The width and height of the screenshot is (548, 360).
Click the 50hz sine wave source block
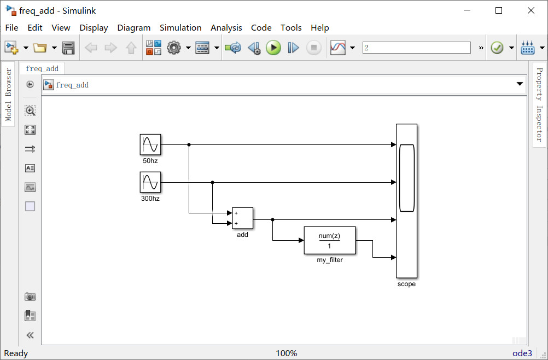click(x=150, y=145)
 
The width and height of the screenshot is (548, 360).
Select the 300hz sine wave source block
click(x=150, y=182)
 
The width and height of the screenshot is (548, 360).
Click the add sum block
click(x=242, y=218)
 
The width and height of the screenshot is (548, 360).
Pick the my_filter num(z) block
click(x=329, y=241)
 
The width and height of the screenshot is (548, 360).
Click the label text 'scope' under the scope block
click(x=406, y=284)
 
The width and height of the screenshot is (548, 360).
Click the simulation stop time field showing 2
click(x=416, y=48)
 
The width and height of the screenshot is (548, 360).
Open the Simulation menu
click(x=180, y=27)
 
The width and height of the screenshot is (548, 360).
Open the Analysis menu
click(x=226, y=27)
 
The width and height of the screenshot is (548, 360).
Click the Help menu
click(x=319, y=27)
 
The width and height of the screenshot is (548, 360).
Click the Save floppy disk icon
click(x=68, y=48)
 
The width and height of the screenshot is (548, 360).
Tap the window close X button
click(x=530, y=10)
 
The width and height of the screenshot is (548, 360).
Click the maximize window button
click(x=499, y=10)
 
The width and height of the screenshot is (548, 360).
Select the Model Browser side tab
click(x=8, y=94)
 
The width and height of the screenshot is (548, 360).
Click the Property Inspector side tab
click(x=539, y=104)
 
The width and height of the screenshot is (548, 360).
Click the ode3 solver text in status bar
click(x=522, y=353)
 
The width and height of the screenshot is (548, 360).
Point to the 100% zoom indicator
click(x=286, y=353)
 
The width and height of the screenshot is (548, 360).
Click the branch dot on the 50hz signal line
click(x=189, y=145)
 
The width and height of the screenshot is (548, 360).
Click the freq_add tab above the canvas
click(x=42, y=68)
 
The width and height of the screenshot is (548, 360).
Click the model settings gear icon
click(x=174, y=48)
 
